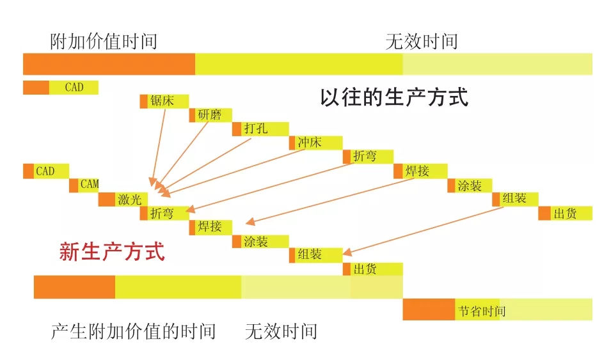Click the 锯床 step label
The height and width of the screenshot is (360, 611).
(x=162, y=101)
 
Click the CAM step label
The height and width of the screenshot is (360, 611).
(x=89, y=185)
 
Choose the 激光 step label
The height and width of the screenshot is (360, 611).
(x=129, y=200)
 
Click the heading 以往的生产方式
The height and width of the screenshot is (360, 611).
(x=393, y=97)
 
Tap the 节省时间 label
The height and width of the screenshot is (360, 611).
(x=481, y=311)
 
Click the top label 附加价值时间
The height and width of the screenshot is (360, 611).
(x=103, y=42)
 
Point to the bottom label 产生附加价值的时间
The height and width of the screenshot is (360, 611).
(x=133, y=331)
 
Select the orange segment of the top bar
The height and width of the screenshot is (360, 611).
(x=109, y=64)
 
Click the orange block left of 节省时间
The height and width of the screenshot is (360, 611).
(x=429, y=309)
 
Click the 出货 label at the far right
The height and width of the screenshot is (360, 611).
(x=565, y=214)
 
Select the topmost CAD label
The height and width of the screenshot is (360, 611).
(x=74, y=87)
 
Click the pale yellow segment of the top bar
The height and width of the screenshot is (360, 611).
(x=497, y=64)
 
